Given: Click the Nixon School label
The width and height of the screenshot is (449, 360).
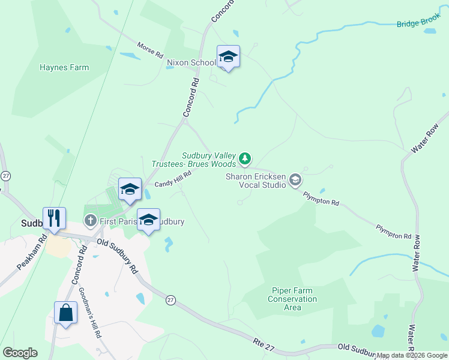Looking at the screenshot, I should point(191,62).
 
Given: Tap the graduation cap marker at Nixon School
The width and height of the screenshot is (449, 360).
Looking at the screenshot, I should point(228,57).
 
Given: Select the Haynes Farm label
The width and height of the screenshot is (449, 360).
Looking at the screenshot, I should point(64,67).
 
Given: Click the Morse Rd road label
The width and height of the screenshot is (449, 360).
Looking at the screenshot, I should point(150,50).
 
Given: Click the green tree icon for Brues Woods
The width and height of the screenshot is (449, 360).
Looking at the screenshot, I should point(244,158).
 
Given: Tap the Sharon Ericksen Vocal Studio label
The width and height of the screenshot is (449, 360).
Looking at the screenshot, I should point(256,181).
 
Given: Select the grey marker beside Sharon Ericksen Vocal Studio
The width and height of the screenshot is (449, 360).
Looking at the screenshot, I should point(295,180).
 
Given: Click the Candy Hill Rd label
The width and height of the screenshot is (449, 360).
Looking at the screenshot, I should point(173,179).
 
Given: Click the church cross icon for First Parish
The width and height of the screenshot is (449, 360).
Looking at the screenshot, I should point(91,221).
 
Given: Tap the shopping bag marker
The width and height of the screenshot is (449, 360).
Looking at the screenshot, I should point(65,313).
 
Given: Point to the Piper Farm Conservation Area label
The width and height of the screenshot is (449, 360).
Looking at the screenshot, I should point(292,299).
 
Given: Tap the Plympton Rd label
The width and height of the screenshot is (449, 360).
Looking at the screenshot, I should point(321,199).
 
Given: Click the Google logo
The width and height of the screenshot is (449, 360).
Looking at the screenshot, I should point(20,353).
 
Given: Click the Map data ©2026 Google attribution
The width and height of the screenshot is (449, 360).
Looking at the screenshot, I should point(412,355).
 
